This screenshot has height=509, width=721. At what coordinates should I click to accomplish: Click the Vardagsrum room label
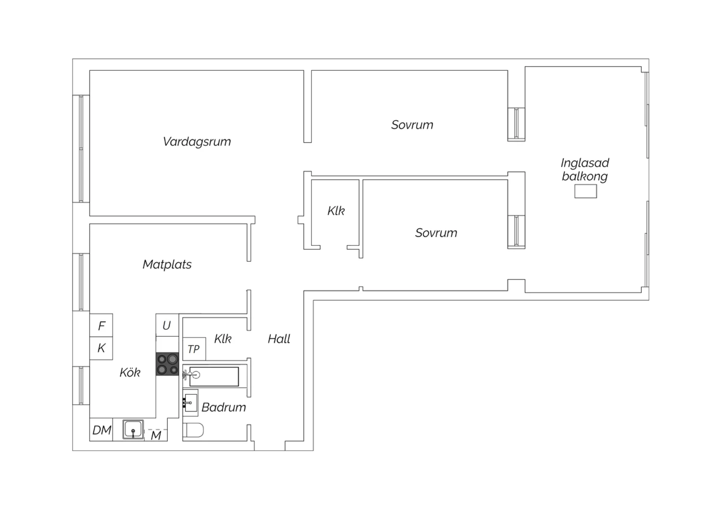[x=197, y=142]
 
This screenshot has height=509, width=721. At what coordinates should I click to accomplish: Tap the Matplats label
[x=167, y=265]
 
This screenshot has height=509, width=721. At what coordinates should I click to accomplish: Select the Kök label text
[x=130, y=372]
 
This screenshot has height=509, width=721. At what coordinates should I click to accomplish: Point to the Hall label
[x=279, y=339]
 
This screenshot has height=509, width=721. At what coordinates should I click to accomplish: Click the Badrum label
[x=224, y=407]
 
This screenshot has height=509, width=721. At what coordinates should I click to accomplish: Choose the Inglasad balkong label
[x=584, y=170]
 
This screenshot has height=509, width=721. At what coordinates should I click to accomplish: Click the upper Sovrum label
[x=412, y=125]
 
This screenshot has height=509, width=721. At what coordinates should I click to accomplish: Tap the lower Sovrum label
[x=436, y=233]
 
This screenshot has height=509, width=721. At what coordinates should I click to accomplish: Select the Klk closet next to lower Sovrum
[x=336, y=211]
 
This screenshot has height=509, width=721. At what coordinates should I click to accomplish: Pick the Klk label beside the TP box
[x=223, y=339]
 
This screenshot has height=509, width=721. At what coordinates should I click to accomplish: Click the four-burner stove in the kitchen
[x=167, y=364]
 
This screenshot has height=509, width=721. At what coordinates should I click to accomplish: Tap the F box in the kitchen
[x=101, y=326]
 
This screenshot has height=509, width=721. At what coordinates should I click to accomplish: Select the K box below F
[x=101, y=348]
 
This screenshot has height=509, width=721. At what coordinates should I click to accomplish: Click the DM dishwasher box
[x=101, y=430]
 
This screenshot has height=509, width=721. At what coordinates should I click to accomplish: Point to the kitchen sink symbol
[x=133, y=429]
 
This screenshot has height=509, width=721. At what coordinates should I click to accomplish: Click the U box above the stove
[x=167, y=326]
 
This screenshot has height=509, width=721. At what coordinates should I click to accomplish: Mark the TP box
[x=194, y=349]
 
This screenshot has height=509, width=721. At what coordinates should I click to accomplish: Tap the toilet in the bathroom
[x=193, y=431]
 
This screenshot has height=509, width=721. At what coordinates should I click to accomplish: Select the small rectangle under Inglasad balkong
[x=585, y=192]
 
